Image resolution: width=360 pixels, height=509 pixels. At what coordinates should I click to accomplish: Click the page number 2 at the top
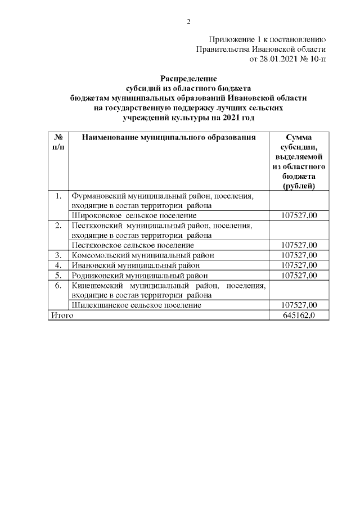tap(189, 22)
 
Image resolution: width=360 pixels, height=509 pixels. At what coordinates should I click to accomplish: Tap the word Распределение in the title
tap(188, 79)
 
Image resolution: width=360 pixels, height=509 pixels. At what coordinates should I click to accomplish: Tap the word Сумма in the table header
tap(299, 138)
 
